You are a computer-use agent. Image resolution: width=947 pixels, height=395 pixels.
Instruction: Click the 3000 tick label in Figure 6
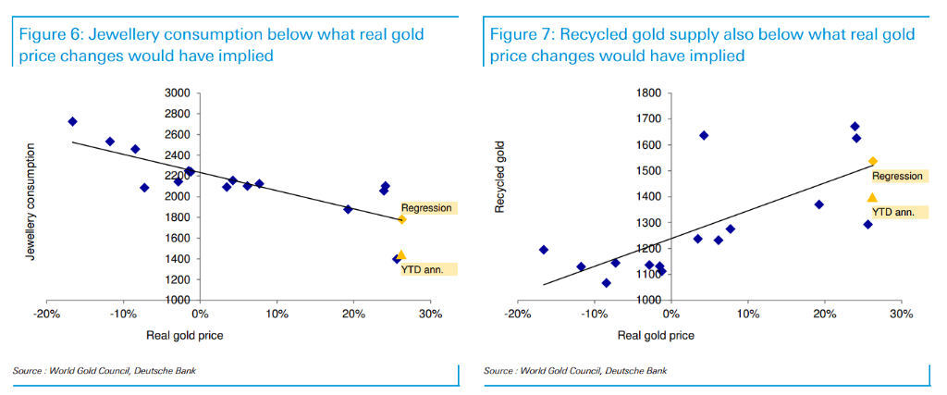point(177,93)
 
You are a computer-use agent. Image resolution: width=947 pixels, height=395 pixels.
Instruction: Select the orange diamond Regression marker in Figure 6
point(401,219)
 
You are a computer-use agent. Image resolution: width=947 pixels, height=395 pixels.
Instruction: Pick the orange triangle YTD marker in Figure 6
point(401,254)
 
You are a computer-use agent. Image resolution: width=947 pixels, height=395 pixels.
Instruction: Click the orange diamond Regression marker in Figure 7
point(872,161)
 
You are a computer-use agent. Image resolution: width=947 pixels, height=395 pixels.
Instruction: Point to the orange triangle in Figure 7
point(871,197)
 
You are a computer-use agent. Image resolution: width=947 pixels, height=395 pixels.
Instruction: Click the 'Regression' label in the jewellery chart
point(426,207)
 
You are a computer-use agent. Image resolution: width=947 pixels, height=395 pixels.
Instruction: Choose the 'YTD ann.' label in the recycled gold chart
point(893,212)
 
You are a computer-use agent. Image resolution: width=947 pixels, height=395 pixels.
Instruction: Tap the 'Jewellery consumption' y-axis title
point(31,201)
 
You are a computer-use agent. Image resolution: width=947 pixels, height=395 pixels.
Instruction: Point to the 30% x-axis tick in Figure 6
point(430,314)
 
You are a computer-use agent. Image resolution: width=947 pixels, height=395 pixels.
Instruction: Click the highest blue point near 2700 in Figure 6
point(72,122)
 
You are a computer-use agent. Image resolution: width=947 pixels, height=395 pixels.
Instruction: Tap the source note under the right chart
point(573,370)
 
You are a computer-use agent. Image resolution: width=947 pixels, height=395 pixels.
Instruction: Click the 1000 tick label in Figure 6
point(177,301)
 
